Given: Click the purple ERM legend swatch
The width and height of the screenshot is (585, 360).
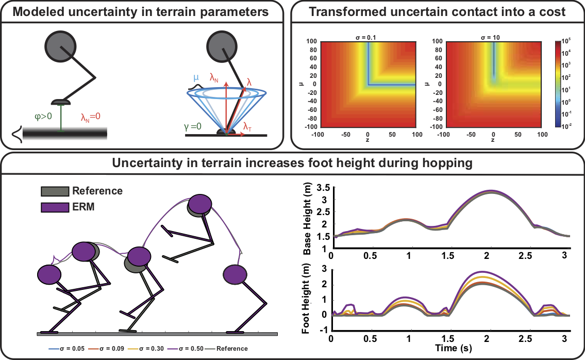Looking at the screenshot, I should click(x=55, y=207).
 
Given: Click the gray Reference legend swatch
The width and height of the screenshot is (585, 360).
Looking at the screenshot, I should click(x=55, y=191).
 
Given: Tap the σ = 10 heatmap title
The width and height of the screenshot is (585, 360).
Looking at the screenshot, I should click(x=493, y=38).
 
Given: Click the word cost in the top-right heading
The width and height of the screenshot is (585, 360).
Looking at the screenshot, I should click(x=547, y=12).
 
